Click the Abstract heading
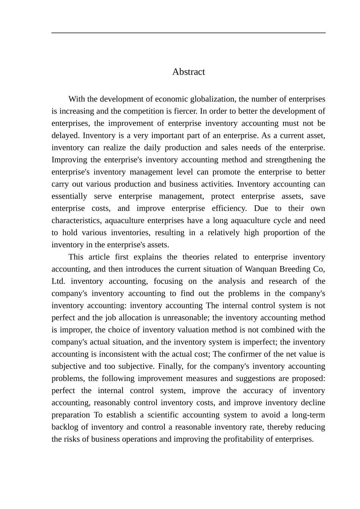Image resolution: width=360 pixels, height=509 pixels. click(188, 72)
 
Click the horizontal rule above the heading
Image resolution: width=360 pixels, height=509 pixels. click(188, 33)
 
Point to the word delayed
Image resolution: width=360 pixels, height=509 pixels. click(65, 136)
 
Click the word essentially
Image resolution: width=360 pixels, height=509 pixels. click(69, 196)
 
